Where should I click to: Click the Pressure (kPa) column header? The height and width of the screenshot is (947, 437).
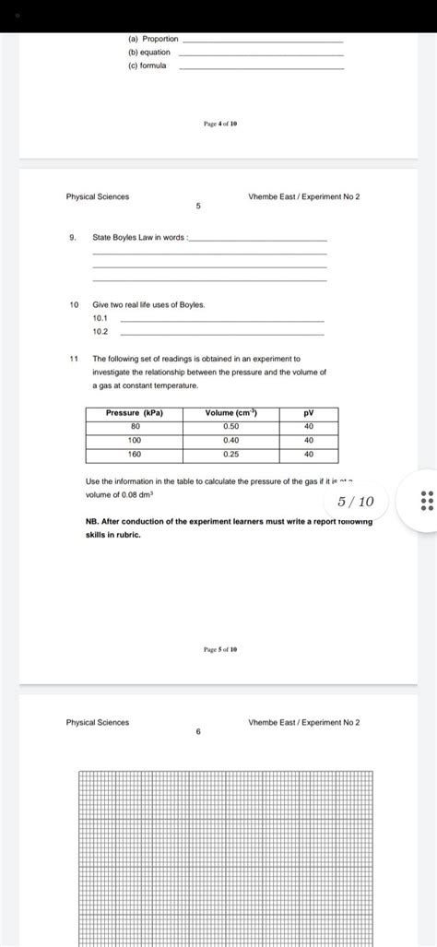point(135,413)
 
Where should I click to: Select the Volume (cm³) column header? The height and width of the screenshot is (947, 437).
point(230,413)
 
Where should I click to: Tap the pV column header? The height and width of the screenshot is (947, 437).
point(309,413)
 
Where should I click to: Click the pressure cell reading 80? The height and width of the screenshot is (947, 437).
point(135,426)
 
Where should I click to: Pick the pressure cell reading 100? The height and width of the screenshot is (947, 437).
point(135,440)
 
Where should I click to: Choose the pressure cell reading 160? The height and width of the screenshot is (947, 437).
point(135,454)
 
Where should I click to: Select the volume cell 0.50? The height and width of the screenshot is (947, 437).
point(230,426)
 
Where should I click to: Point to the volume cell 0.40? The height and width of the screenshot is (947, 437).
point(230,440)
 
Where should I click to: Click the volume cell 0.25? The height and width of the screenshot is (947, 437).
point(230,454)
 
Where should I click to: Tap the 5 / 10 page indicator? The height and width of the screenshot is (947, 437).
point(356,502)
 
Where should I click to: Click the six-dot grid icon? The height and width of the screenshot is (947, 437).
point(425,501)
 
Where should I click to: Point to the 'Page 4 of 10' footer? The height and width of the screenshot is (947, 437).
point(220,124)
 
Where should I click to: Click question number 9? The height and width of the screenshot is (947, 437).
point(72,238)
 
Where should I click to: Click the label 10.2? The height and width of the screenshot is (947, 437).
point(100,331)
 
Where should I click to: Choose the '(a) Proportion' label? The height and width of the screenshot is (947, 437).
point(153,40)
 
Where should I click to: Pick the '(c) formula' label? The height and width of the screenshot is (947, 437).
point(148,66)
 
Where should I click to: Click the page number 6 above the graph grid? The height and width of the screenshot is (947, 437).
point(198,732)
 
